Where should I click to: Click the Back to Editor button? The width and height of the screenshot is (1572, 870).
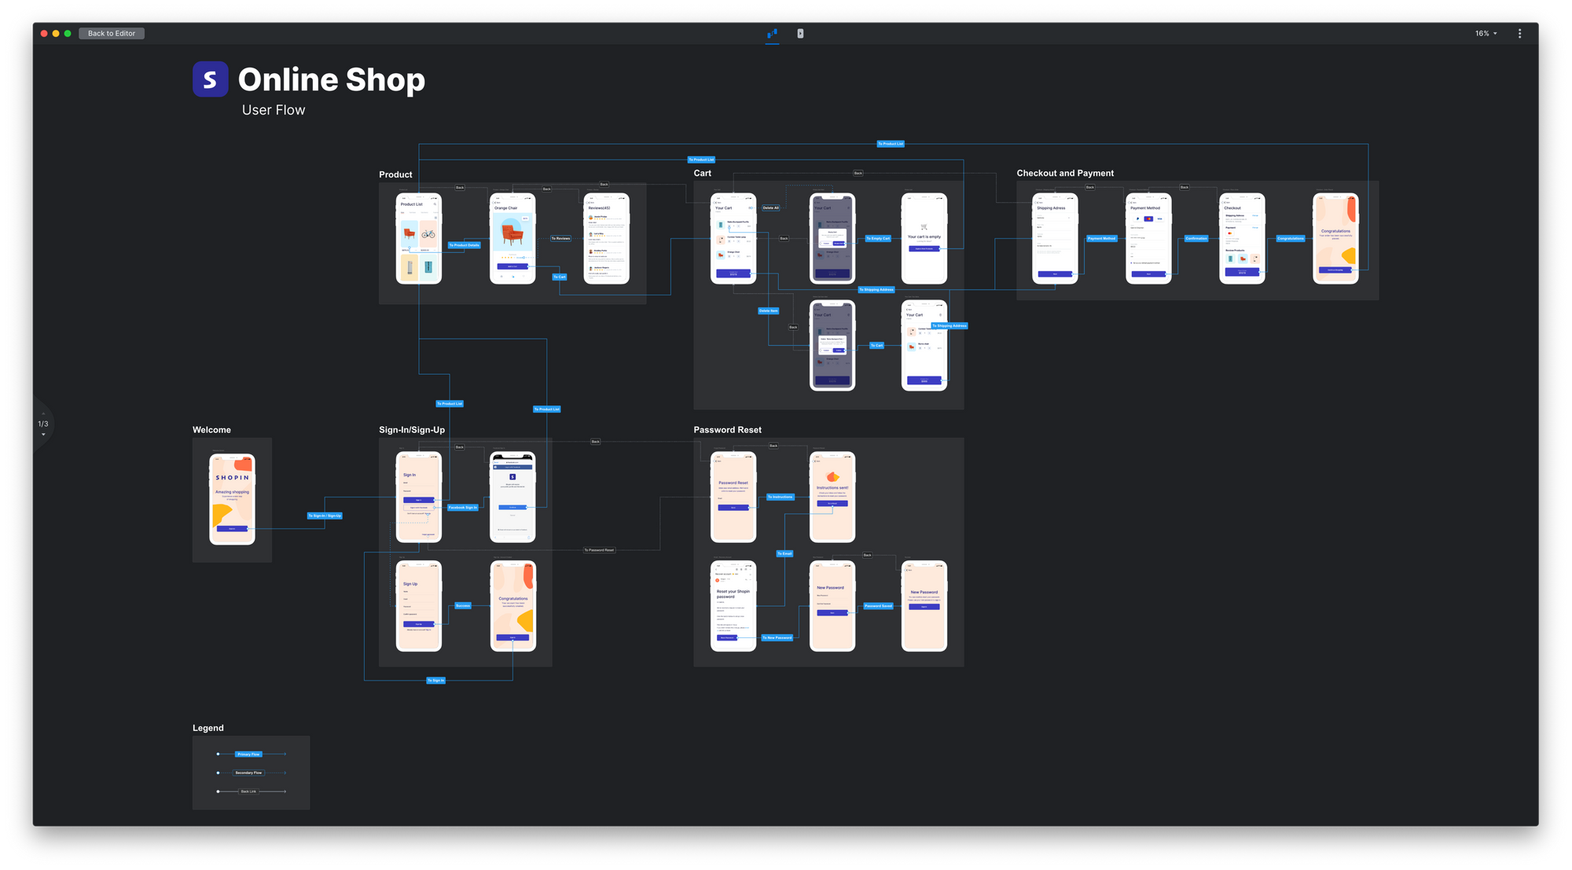(x=112, y=34)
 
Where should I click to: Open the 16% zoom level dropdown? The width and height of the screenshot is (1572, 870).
(x=1486, y=34)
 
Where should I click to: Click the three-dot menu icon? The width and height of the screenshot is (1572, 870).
(x=1519, y=34)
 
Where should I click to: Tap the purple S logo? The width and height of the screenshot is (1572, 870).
(x=210, y=79)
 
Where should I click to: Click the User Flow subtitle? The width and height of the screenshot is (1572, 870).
(x=274, y=111)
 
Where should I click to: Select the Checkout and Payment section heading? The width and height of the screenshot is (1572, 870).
(x=1064, y=174)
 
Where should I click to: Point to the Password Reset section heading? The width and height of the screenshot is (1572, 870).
(x=727, y=430)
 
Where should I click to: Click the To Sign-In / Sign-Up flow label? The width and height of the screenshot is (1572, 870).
(x=325, y=516)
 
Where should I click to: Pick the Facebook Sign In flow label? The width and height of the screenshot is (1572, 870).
(x=462, y=508)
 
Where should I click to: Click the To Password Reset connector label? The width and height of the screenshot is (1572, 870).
(x=599, y=550)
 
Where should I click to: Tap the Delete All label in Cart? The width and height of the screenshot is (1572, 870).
(x=770, y=208)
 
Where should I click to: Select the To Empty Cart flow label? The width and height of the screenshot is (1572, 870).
(x=878, y=238)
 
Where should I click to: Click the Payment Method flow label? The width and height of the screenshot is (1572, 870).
(x=1101, y=238)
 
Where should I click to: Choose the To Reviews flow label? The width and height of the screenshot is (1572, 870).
(x=560, y=238)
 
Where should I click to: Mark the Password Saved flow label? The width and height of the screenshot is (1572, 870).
(x=878, y=606)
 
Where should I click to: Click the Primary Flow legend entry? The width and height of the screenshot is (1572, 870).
(x=248, y=754)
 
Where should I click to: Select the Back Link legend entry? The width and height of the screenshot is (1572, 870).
(x=248, y=791)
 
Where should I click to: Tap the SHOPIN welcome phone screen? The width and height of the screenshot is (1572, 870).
(x=232, y=499)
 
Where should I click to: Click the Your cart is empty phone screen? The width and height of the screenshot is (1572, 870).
(x=924, y=239)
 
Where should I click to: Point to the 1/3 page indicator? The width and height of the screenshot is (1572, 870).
(x=43, y=424)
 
